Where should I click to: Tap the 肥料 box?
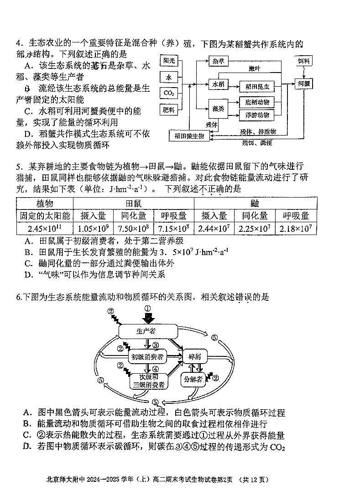point(168,110)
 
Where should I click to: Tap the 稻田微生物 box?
point(189,136)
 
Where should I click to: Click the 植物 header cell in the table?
point(45,204)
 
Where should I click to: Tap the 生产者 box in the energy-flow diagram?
point(147,331)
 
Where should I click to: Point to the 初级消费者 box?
point(148,356)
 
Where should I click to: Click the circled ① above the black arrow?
point(147,308)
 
